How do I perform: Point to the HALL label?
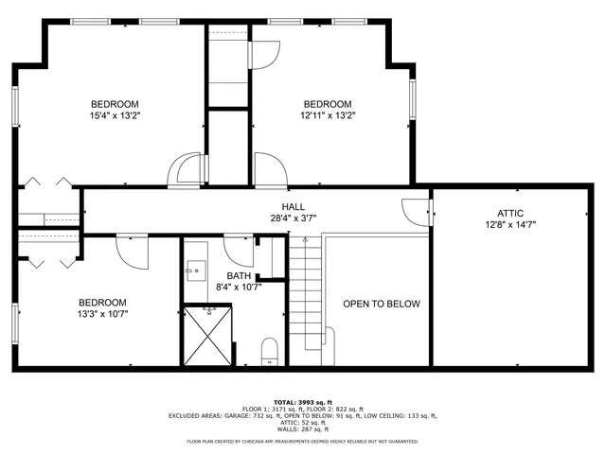tap(293, 206)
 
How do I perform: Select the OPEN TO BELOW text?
tap(381, 304)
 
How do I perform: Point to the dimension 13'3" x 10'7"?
tap(102, 315)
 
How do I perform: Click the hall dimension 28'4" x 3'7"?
tap(292, 218)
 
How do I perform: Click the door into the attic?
tap(415, 211)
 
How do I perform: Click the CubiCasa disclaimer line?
tap(303, 441)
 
